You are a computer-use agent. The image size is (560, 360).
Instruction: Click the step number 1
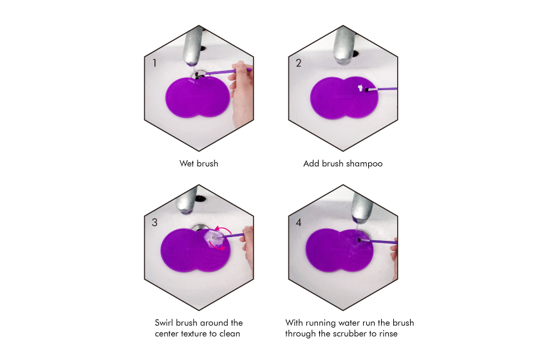154,63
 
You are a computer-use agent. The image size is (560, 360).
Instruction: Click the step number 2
299,63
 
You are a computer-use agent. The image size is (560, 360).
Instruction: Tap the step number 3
154,222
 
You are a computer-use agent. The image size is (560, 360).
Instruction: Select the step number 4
299,222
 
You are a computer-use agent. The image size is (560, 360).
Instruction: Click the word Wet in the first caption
187,164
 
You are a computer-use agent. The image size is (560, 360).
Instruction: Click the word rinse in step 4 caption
388,334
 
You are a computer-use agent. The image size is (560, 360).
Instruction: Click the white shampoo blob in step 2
360,87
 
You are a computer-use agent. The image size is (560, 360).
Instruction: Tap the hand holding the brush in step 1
241,93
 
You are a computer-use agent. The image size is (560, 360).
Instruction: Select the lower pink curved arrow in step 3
216,246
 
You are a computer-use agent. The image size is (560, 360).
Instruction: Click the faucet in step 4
362,207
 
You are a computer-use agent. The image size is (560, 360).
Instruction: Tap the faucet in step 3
187,202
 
